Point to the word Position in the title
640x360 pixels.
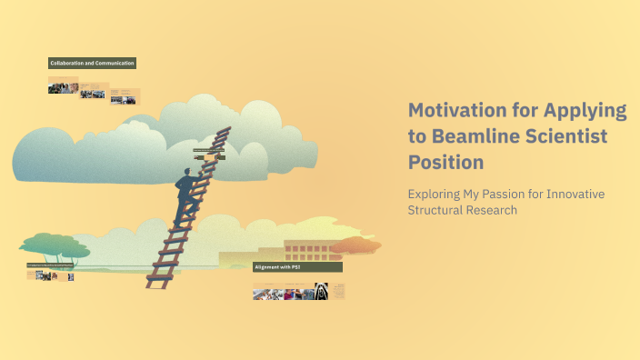[445, 162]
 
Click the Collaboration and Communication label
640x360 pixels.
[92, 63]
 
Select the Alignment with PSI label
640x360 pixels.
[297, 267]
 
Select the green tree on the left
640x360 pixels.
[54, 244]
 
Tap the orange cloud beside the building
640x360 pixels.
[355, 245]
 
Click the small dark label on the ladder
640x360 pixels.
[209, 150]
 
